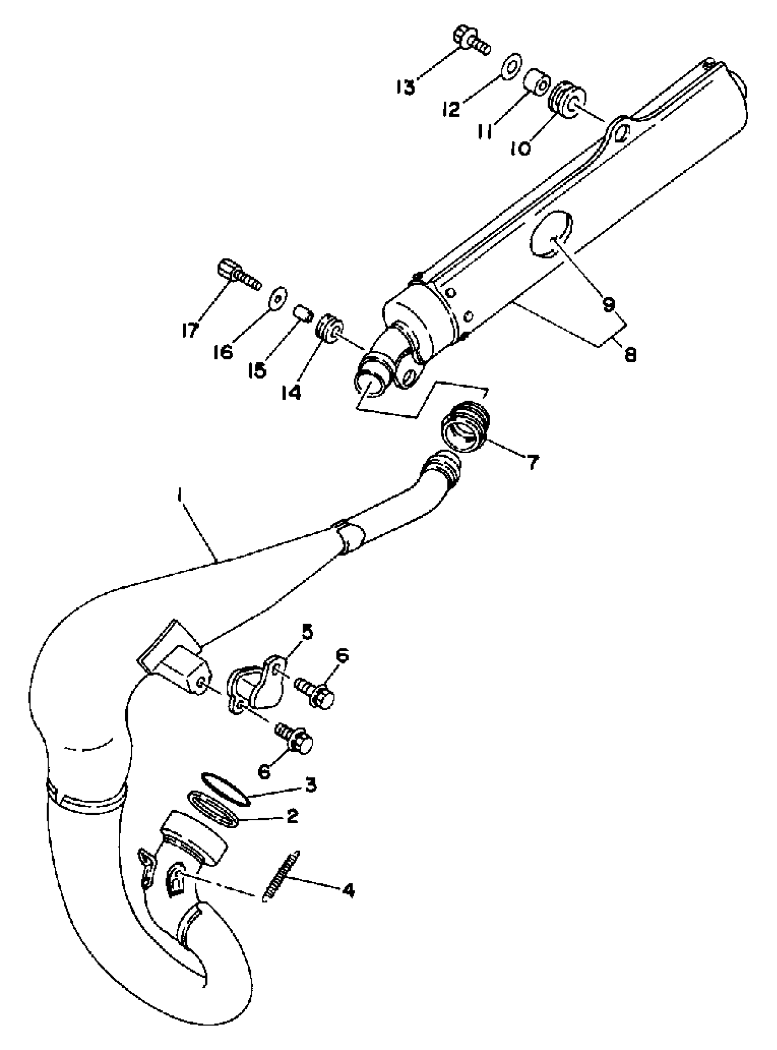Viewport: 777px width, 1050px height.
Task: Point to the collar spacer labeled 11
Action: tap(536, 82)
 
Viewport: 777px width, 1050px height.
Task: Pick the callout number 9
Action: tap(609, 305)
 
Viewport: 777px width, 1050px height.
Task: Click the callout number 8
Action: tap(631, 354)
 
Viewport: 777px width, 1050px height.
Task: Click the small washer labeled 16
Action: tap(278, 296)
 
